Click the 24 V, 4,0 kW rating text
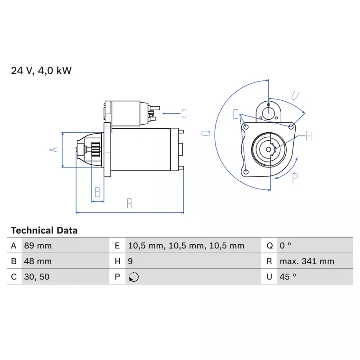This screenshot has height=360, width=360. [41, 71]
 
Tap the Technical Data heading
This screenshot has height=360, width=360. [44, 230]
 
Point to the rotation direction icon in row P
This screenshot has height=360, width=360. [134, 277]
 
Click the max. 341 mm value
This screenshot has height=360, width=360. [307, 261]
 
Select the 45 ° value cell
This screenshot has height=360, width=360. [288, 277]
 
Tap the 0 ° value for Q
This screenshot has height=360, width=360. [285, 246]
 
